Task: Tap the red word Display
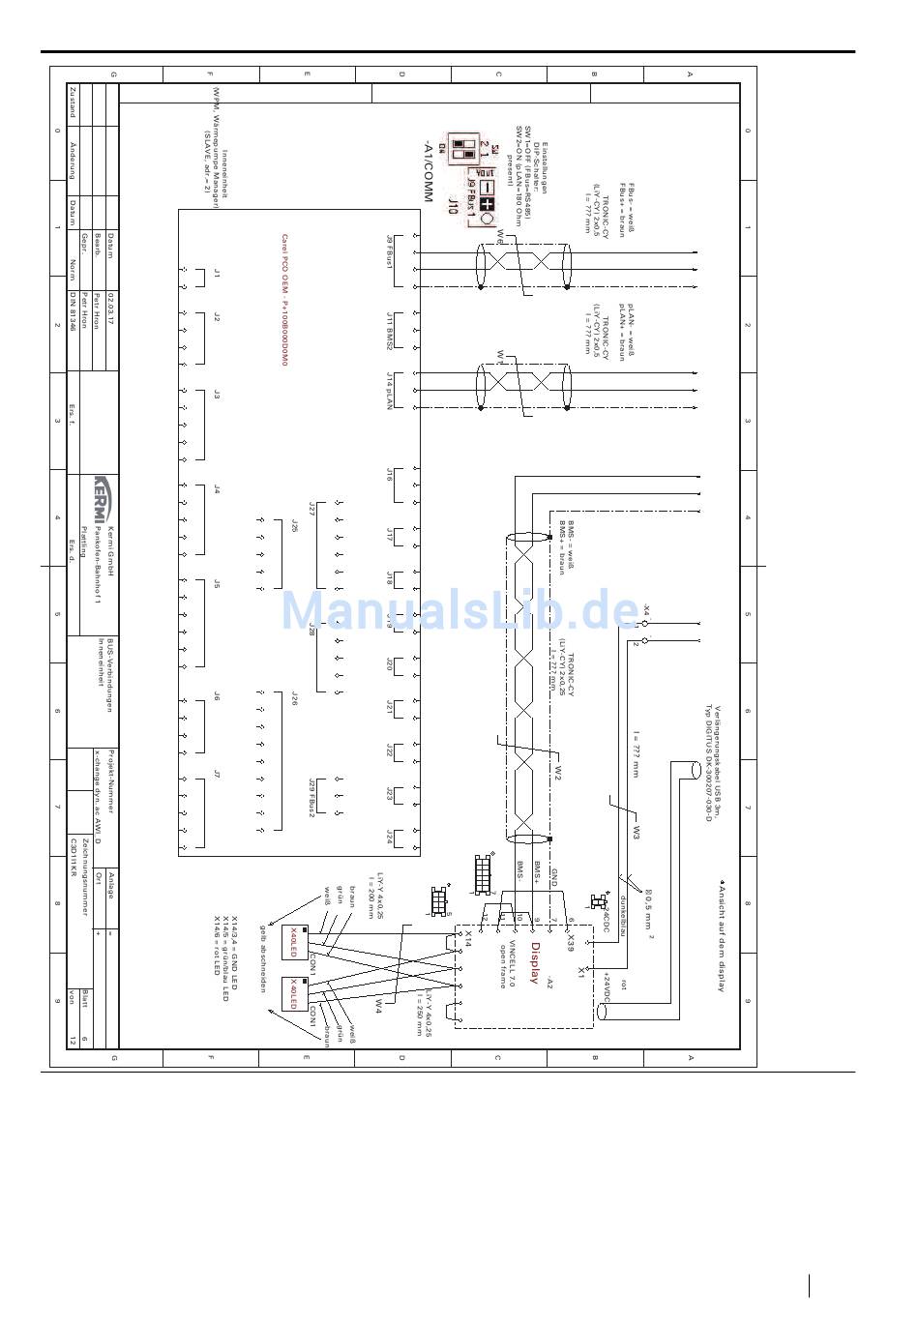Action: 533,963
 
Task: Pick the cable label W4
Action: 379,1006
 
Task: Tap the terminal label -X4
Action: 646,611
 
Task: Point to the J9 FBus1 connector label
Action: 391,253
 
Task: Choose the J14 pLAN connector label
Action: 390,391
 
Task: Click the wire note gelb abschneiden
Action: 261,957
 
